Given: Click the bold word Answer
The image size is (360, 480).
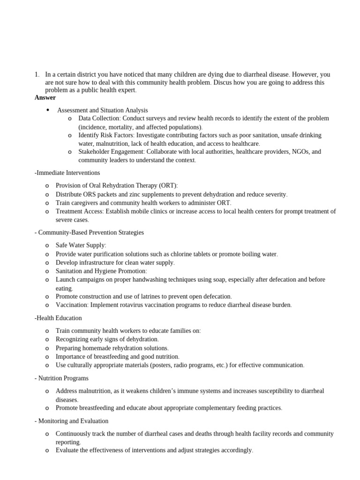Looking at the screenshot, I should [x=45, y=97].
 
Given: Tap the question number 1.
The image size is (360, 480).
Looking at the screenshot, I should [x=37, y=75].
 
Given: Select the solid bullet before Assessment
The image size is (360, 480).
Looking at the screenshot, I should [x=48, y=110].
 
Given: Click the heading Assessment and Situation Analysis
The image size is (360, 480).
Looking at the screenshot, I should [x=102, y=110].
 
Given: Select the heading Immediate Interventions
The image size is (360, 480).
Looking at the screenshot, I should [x=68, y=173].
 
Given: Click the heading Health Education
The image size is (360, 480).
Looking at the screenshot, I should [x=59, y=318].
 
